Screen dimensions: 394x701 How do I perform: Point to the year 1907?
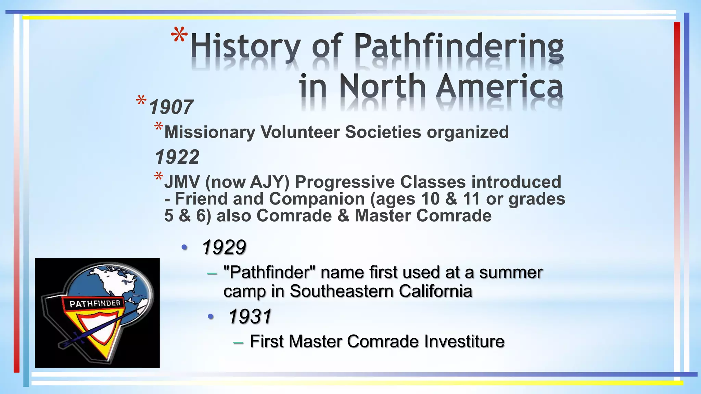[171, 107]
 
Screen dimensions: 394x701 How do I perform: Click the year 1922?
[177, 157]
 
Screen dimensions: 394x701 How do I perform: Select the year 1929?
[224, 247]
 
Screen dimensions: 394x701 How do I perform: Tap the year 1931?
[250, 316]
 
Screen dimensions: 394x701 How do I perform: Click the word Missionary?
[210, 132]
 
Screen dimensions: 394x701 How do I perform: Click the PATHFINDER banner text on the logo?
[95, 303]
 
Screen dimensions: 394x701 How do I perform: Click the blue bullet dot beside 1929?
[184, 247]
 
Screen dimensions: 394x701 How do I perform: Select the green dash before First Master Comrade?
[238, 342]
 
